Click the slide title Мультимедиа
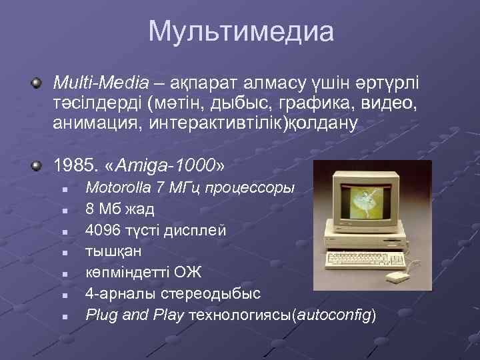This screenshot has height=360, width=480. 240,32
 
